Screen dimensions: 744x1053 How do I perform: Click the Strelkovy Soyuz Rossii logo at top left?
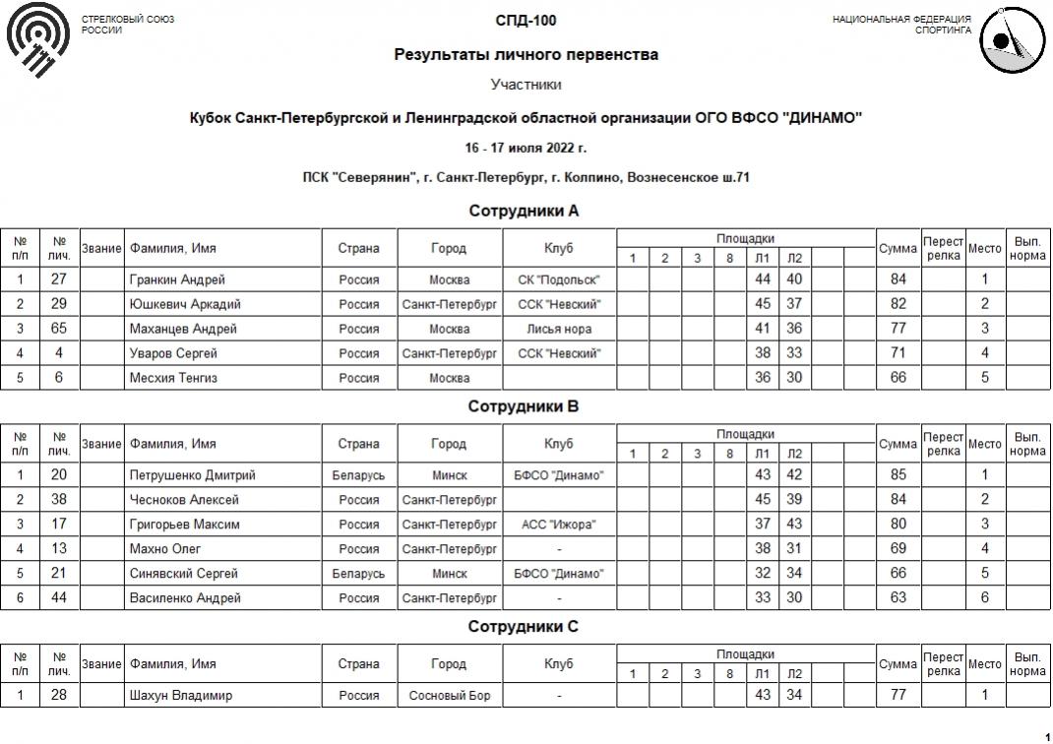pyautogui.click(x=38, y=41)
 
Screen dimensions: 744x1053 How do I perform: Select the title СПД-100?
pyautogui.click(x=526, y=21)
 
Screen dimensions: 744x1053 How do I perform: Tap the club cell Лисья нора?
pyautogui.click(x=559, y=329)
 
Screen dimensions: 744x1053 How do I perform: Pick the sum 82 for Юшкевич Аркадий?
pyautogui.click(x=898, y=304)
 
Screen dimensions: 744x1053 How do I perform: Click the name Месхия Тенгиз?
pyautogui.click(x=173, y=378)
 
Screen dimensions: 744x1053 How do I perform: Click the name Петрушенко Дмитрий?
pyautogui.click(x=192, y=475)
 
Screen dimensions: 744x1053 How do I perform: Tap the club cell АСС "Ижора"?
pyautogui.click(x=559, y=525)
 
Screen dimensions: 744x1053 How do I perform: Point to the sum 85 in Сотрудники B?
pyautogui.click(x=898, y=475)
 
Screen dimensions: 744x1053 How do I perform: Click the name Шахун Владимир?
pyautogui.click(x=181, y=696)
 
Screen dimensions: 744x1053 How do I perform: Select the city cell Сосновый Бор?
pyautogui.click(x=449, y=696)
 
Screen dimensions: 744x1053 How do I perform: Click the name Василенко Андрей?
pyautogui.click(x=185, y=598)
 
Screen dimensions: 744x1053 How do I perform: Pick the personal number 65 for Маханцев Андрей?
pyautogui.click(x=59, y=329)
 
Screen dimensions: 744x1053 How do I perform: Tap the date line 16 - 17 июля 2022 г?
pyautogui.click(x=526, y=148)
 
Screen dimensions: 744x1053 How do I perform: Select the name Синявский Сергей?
pyautogui.click(x=184, y=574)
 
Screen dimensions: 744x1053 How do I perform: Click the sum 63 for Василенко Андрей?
pyautogui.click(x=898, y=598)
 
